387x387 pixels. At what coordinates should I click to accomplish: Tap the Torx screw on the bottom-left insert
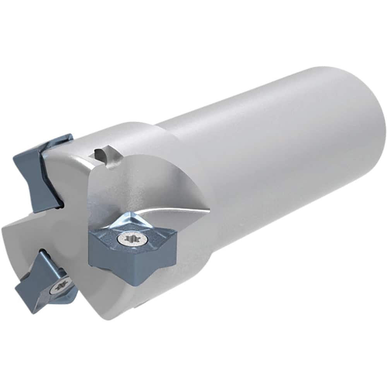[60, 286]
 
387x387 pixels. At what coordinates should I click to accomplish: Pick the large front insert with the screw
[132, 248]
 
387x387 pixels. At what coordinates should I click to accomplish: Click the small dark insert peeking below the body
[141, 306]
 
